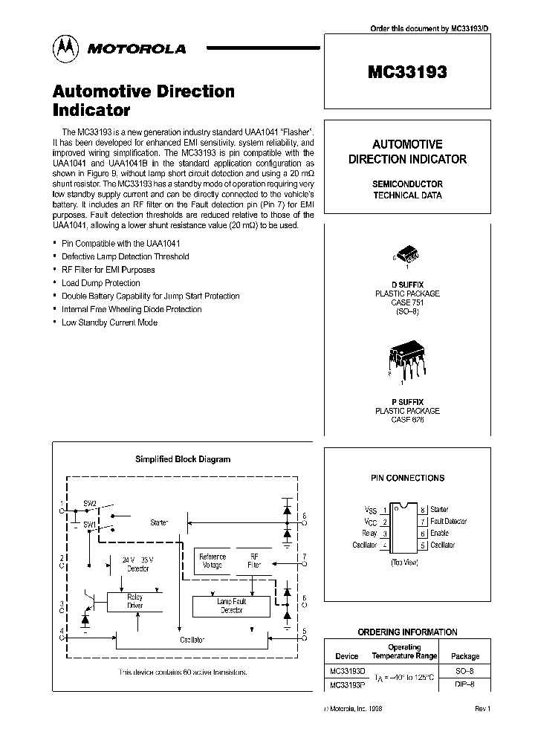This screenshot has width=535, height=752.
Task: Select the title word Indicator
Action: (x=91, y=111)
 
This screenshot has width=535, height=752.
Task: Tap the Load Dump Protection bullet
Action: (x=100, y=283)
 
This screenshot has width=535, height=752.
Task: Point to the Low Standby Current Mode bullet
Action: (x=109, y=322)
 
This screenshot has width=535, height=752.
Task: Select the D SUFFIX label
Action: (x=406, y=284)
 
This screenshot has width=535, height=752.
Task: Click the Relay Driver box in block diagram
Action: (x=134, y=601)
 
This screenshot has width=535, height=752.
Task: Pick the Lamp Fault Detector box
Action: (x=231, y=606)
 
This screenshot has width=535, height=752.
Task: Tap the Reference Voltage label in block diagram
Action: (x=213, y=560)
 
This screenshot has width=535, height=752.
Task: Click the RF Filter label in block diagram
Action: (x=254, y=560)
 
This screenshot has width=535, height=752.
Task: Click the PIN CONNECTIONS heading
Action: (x=407, y=479)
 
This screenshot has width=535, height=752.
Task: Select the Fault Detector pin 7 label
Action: (x=449, y=522)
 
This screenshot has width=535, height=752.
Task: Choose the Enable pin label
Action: (x=439, y=534)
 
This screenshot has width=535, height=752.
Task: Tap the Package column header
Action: (x=465, y=656)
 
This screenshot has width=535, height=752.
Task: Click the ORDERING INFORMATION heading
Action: (x=407, y=632)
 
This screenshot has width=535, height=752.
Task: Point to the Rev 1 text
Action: (x=482, y=709)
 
